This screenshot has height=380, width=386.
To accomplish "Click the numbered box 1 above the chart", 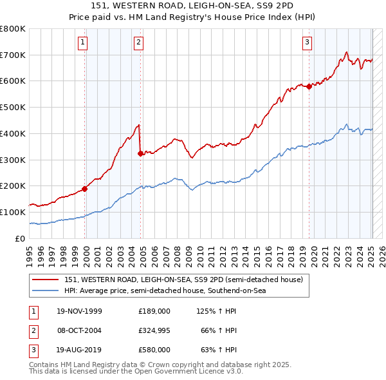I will [84, 43].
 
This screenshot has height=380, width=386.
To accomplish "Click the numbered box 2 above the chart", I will [139, 43].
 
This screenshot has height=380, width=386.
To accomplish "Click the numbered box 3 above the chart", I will [308, 43].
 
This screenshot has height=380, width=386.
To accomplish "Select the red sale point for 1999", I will [85, 189].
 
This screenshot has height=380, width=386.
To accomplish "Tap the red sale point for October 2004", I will [140, 153].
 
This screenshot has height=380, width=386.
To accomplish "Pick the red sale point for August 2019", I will [309, 86].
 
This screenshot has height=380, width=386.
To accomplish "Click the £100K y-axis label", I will [13, 212].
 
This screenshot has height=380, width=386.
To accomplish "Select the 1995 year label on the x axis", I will [30, 252].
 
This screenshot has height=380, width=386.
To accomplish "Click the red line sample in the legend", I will [46, 280].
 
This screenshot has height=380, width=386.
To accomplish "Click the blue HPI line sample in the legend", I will [46, 290].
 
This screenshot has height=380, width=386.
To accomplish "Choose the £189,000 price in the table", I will [154, 311].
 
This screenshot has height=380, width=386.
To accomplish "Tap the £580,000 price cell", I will [154, 350].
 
